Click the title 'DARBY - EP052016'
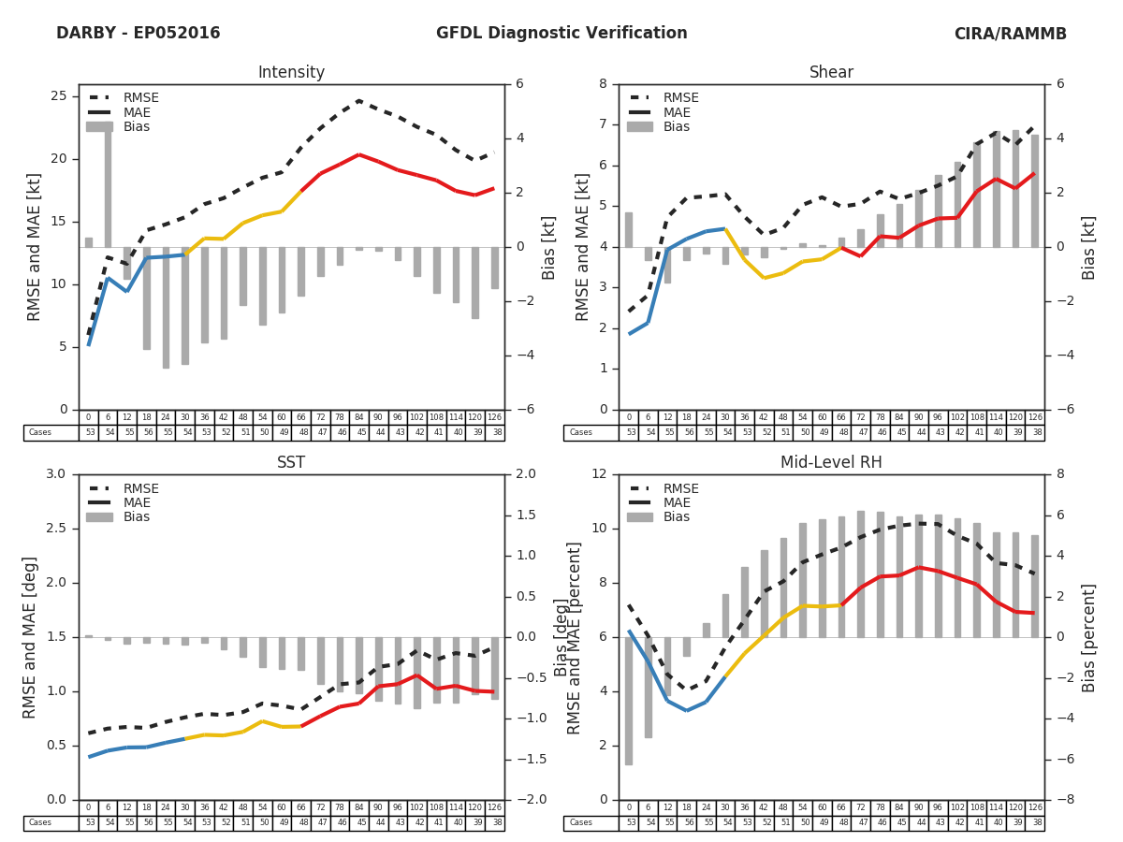point(139,34)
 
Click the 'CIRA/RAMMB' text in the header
point(1010,34)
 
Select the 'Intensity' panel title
point(291,73)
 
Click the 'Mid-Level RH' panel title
point(831,463)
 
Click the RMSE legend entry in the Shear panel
point(681,98)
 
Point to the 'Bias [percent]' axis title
point(1089,637)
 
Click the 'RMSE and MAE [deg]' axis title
point(31,637)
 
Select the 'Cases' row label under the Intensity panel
point(40,433)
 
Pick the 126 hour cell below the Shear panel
point(1035,417)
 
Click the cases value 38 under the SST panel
point(495,823)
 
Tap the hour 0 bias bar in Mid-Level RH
point(629,701)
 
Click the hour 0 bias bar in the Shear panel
point(629,229)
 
